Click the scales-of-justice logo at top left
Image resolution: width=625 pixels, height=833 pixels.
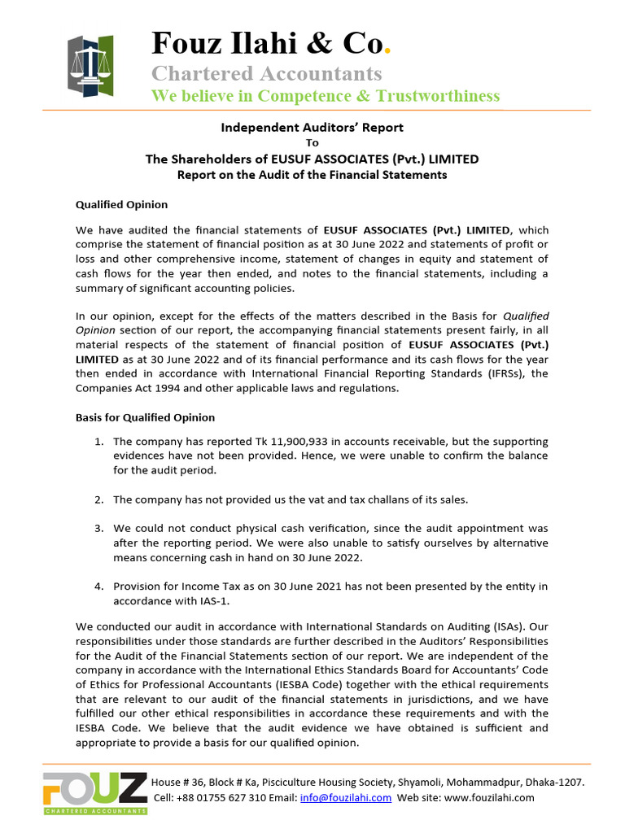(x=90, y=64)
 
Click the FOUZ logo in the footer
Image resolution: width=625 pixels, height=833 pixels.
(x=95, y=792)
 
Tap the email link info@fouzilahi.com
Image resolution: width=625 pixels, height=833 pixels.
(x=346, y=798)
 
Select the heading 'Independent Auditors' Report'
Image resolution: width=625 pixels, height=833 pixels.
(x=312, y=128)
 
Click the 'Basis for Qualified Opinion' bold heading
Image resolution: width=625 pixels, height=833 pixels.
(x=145, y=417)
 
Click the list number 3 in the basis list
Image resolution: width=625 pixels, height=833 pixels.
(x=98, y=528)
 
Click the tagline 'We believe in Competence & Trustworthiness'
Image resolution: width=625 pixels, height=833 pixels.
(x=326, y=97)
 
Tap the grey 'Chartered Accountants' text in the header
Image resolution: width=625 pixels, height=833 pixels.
(x=266, y=73)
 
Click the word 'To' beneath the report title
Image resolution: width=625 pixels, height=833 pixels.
(x=312, y=143)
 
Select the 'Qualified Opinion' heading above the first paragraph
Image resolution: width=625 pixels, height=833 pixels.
(x=121, y=205)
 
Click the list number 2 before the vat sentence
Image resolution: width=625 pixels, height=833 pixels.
(x=98, y=499)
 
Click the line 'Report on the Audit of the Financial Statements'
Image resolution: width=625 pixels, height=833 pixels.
(x=312, y=175)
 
